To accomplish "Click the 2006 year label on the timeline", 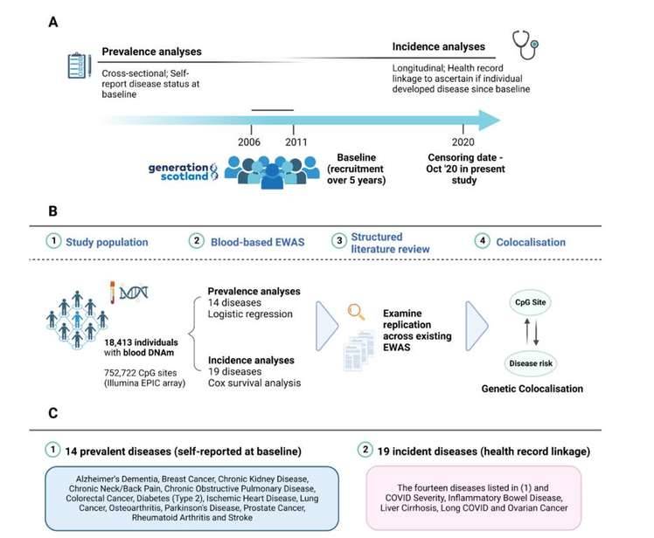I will click(x=249, y=141).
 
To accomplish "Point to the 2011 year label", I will click(x=296, y=141).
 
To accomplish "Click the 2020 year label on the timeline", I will click(x=463, y=141).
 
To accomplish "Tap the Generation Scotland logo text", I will click(x=183, y=169).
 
